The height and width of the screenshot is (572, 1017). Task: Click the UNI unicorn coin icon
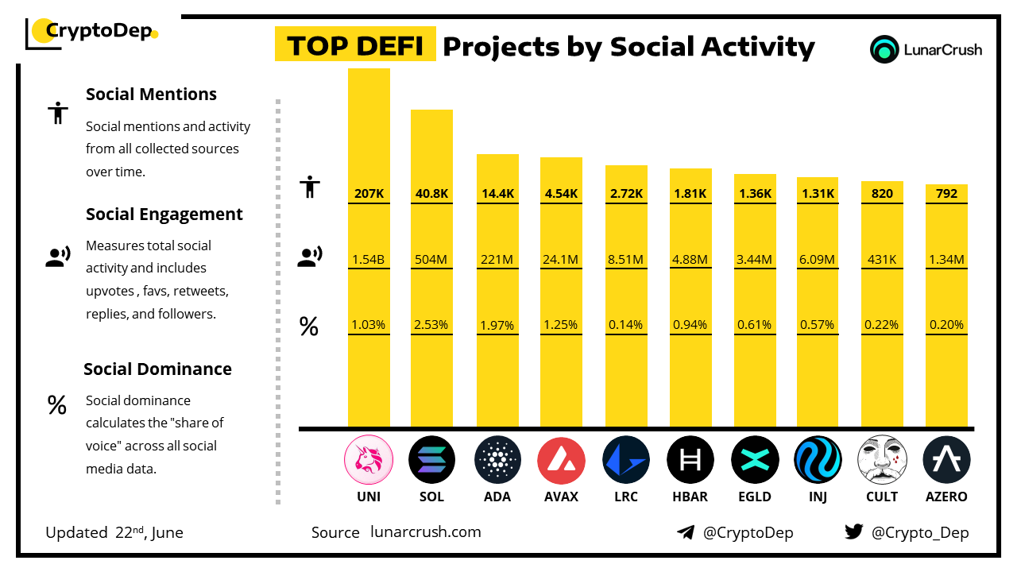click(x=369, y=460)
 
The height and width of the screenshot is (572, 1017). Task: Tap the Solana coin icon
click(x=431, y=460)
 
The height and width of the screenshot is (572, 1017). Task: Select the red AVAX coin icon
click(x=561, y=460)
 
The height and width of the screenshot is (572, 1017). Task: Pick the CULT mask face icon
click(x=882, y=460)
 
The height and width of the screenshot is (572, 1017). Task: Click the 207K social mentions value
click(x=369, y=193)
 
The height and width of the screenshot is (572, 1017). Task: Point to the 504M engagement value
click(x=431, y=258)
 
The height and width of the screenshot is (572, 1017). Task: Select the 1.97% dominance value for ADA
click(x=497, y=325)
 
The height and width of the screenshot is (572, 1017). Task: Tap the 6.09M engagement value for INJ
click(x=818, y=258)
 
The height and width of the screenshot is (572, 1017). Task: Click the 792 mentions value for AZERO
click(x=946, y=193)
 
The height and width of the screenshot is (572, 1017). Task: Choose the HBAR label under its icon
click(x=690, y=497)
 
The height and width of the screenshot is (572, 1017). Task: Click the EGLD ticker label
click(x=754, y=497)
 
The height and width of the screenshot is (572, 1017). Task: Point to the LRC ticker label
click(x=625, y=497)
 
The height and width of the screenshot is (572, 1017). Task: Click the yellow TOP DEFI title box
click(x=354, y=45)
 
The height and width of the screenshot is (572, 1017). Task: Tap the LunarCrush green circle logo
click(x=884, y=49)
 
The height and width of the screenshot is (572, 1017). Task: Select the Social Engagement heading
click(x=164, y=214)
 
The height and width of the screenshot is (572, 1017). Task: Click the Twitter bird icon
click(x=854, y=531)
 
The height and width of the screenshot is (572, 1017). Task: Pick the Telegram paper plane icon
click(x=686, y=532)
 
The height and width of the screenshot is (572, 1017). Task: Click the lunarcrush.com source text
click(x=426, y=532)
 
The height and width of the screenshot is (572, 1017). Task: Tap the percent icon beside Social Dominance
click(x=56, y=405)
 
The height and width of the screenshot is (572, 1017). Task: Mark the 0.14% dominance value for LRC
click(x=625, y=325)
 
